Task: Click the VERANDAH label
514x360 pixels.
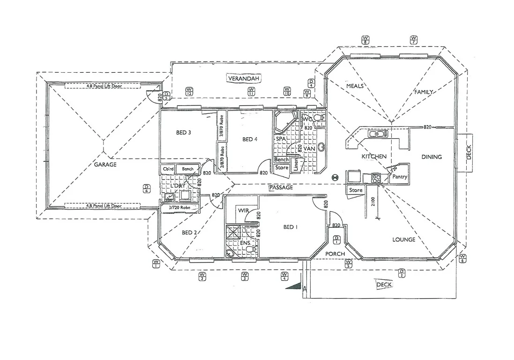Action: pos(243,78)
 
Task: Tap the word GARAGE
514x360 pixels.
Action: pos(105,165)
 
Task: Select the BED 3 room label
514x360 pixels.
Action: pos(183,133)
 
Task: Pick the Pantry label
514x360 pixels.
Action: pos(400,177)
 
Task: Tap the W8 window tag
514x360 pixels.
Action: pos(365,39)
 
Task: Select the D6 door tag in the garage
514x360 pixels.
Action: pos(147,188)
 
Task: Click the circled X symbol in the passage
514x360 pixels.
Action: pos(335,178)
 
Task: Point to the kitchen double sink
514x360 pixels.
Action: pos(378,135)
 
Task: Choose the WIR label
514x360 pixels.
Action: pos(243,211)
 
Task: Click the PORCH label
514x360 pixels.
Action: pos(335,254)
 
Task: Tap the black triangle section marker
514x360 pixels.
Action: pos(293,285)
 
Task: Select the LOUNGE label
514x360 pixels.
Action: pos(403,240)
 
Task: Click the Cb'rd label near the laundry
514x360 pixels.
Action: pos(167,169)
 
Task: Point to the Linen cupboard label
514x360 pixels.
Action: pos(296,165)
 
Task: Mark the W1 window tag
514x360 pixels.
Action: pos(156,263)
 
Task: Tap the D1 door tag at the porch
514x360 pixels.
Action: pos(336,240)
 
